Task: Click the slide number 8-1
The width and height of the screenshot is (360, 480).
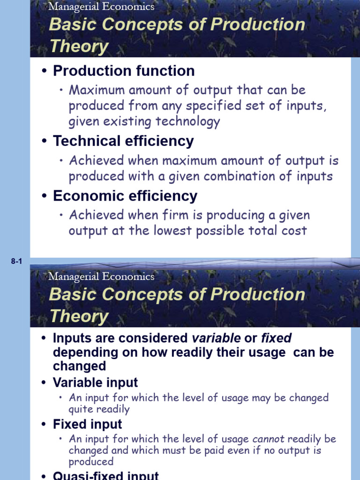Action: coord(16,262)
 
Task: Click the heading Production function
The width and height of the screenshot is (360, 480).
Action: coord(124,71)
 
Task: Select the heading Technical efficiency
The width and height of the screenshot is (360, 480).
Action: coord(123,141)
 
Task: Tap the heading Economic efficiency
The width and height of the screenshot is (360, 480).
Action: coord(125,196)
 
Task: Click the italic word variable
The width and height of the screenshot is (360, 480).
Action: coord(216,338)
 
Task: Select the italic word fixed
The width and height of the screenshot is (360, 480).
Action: coord(276,338)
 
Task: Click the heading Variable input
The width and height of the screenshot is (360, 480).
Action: coord(96,382)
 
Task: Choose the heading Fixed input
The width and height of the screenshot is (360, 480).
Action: coord(88,424)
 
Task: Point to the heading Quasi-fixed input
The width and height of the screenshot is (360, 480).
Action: coord(106,475)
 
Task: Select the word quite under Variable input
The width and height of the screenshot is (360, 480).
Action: coord(80,409)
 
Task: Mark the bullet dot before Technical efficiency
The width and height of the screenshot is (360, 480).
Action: coord(45,142)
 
